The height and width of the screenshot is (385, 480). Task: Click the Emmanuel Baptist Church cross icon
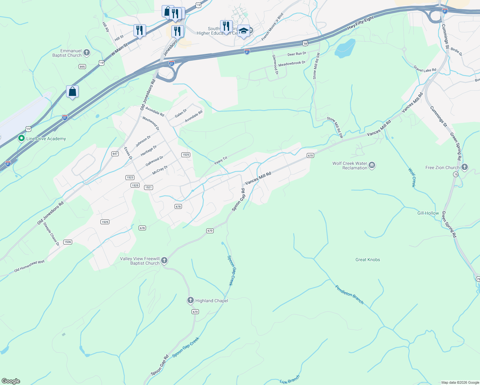click(x=86, y=53)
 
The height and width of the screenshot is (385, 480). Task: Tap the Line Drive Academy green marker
click(x=21, y=139)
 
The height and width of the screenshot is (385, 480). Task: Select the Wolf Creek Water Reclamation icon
click(x=372, y=166)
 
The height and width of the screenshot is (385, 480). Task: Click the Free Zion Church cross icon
click(x=464, y=167)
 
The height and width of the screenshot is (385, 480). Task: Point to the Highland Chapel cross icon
click(x=191, y=300)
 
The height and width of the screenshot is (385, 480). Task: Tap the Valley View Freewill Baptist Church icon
click(x=164, y=261)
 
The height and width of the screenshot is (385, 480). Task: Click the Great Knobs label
click(x=368, y=260)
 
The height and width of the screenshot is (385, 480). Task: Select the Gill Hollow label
click(x=428, y=213)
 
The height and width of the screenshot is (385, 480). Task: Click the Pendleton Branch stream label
click(x=349, y=294)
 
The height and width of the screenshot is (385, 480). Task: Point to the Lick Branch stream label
click(x=289, y=380)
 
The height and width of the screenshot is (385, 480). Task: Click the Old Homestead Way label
click(x=30, y=266)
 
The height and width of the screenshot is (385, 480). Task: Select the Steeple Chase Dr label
click(x=51, y=234)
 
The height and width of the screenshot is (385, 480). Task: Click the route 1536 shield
click(x=67, y=242)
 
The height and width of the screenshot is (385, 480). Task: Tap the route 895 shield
click(x=82, y=66)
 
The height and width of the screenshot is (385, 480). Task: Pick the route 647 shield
click(x=115, y=154)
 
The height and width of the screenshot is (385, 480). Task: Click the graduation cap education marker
click(x=244, y=31)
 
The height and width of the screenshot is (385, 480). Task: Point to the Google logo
click(x=11, y=381)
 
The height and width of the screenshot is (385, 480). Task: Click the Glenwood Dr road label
click(x=275, y=65)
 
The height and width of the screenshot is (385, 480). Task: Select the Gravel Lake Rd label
click(x=425, y=68)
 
